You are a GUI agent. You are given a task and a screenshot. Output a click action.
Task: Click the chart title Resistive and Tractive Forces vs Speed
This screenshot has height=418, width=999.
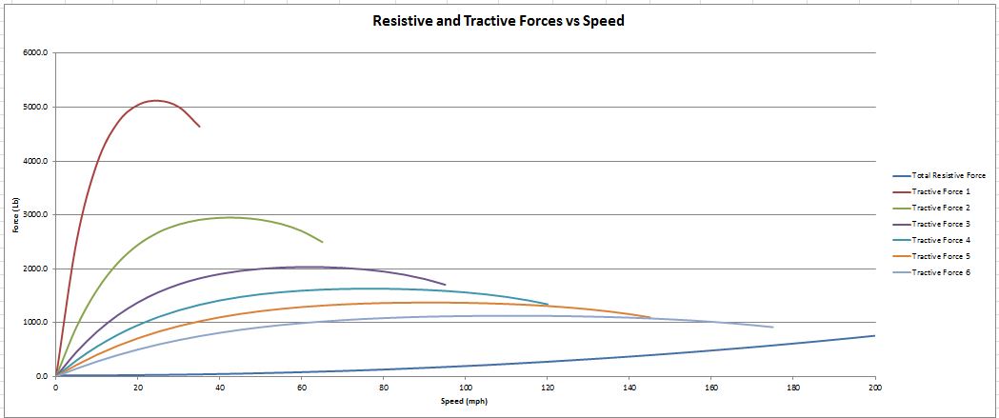498,20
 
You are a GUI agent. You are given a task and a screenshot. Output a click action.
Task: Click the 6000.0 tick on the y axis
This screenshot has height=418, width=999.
36,53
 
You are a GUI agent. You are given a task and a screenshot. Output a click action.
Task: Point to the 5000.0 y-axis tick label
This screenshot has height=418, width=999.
36,108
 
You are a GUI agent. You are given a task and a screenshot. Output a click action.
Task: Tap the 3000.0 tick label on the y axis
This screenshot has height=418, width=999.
36,215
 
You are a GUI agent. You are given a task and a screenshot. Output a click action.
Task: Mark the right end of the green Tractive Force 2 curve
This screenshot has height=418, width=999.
322,242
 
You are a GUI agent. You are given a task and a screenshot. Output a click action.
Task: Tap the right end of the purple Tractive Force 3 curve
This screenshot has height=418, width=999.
445,284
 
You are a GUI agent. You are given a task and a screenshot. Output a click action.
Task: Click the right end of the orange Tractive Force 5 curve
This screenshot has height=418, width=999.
649,317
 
